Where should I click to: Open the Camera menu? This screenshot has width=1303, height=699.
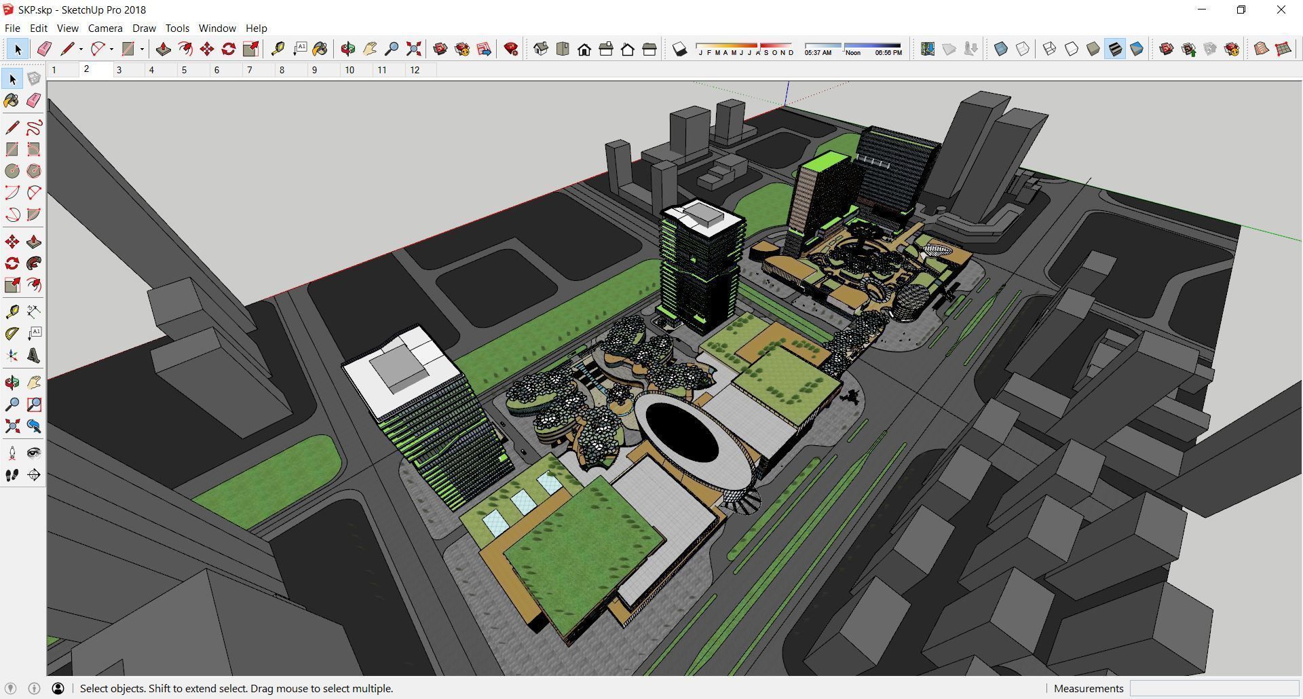(x=105, y=29)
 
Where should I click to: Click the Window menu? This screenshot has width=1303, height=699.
(x=217, y=29)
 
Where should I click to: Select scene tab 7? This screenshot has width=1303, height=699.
(x=250, y=70)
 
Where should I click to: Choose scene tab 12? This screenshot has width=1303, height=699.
(x=415, y=70)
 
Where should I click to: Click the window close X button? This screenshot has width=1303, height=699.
(x=1281, y=10)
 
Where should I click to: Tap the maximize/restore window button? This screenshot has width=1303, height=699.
(x=1241, y=10)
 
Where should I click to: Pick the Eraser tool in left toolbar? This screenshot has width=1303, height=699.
(x=33, y=100)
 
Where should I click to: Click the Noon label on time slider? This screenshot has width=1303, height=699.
(x=853, y=53)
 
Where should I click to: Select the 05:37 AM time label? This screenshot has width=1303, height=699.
(x=818, y=53)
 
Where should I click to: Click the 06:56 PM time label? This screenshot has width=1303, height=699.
(x=888, y=53)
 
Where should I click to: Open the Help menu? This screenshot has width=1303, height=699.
(x=256, y=29)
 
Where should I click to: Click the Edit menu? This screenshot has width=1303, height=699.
(x=39, y=29)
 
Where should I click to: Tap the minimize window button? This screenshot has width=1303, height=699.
(x=1202, y=10)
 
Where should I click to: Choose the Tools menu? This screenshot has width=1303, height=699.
(x=177, y=29)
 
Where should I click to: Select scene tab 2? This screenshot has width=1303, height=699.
(x=87, y=69)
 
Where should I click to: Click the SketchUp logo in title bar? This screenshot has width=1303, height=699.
(x=8, y=10)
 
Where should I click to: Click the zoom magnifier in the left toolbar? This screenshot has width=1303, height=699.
(x=12, y=405)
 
